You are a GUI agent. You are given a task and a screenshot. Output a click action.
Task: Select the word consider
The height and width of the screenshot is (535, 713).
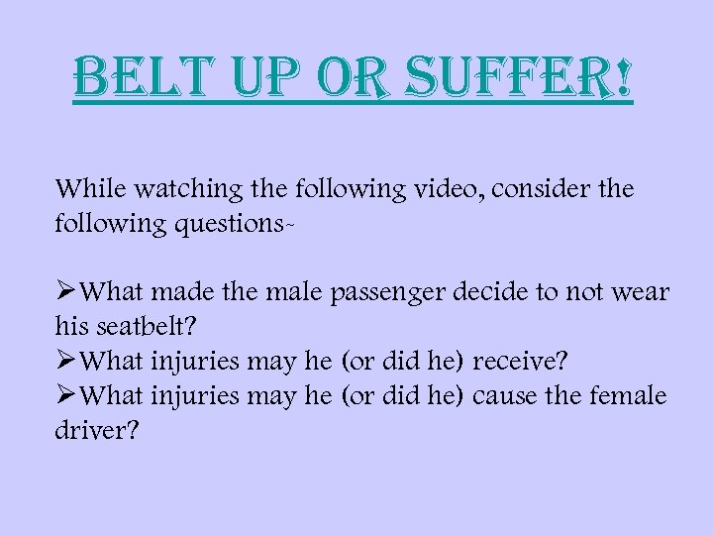pos(538,188)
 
